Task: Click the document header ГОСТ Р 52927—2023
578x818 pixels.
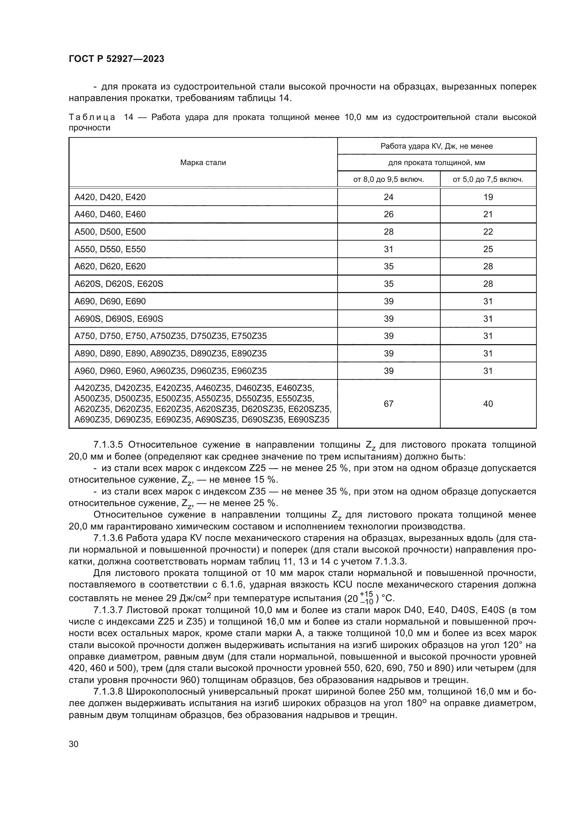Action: point(116,59)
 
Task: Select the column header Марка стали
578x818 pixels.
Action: point(203,163)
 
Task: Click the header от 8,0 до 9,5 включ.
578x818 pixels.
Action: point(388,179)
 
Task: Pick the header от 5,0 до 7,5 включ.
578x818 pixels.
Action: point(488,179)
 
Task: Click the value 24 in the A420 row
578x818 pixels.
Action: point(388,197)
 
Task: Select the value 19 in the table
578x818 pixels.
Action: point(488,197)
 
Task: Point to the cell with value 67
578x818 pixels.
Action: point(388,404)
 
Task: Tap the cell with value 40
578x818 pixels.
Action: point(488,404)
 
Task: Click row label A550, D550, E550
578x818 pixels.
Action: point(110,249)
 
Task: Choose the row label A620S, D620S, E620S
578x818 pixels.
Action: point(118,284)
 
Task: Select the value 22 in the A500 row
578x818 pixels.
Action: point(488,232)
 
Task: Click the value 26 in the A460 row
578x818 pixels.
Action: point(388,214)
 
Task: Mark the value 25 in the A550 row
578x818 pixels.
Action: point(488,249)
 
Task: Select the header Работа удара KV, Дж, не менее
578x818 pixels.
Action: point(436,146)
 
